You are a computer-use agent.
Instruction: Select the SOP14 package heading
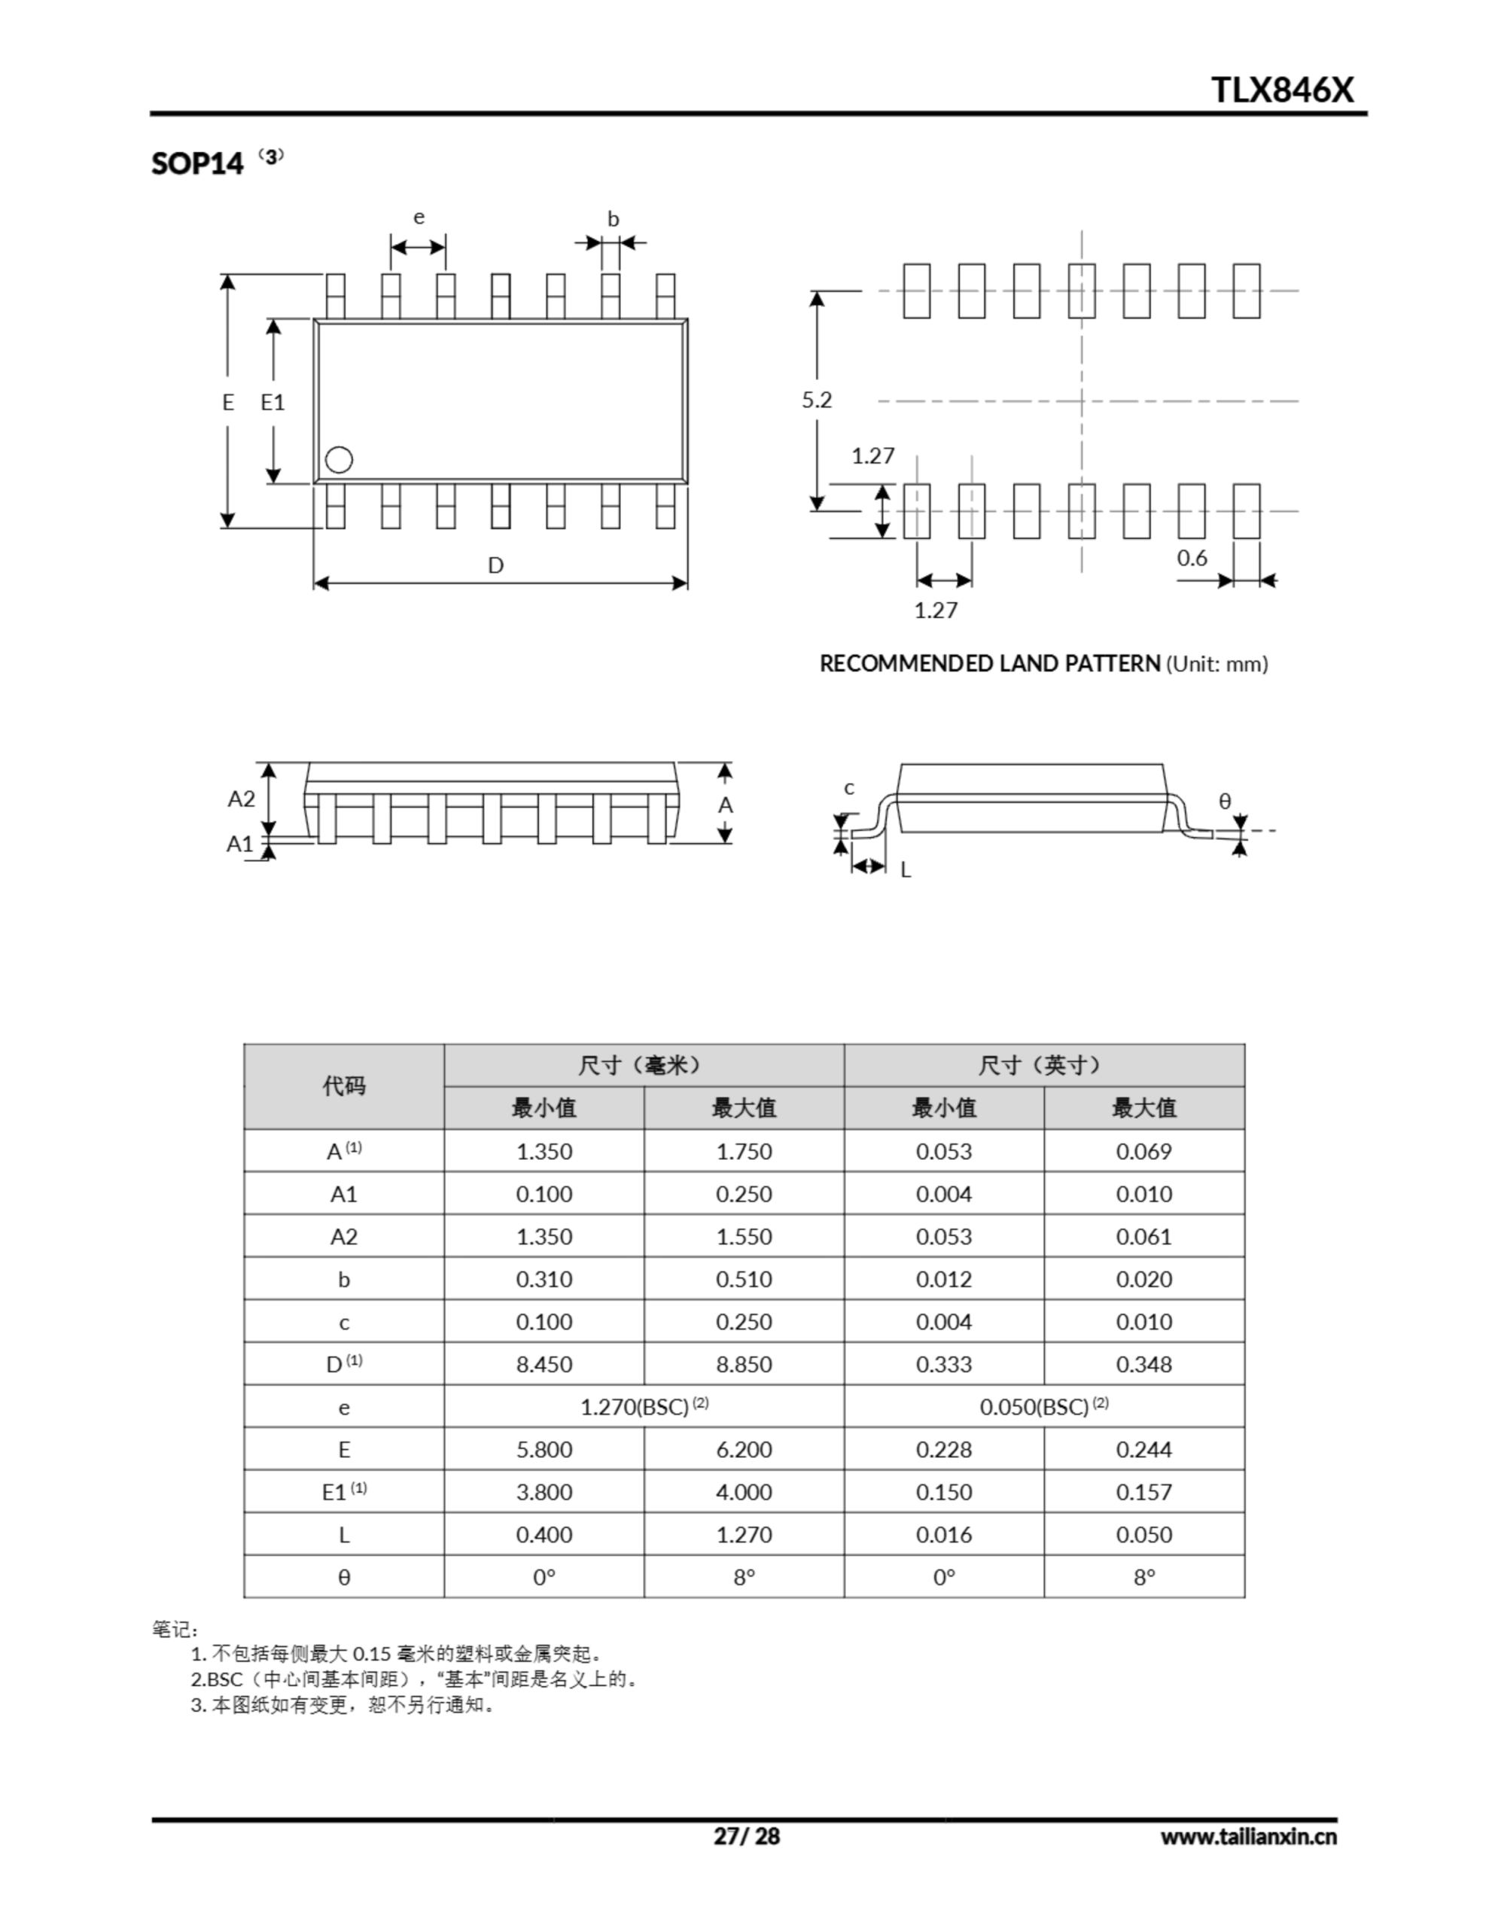tap(196, 164)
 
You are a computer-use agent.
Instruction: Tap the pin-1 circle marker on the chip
tap(339, 460)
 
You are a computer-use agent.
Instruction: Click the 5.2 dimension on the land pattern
tap(817, 400)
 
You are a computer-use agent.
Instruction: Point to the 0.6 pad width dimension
tap(1192, 558)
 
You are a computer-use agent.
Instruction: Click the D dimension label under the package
tap(496, 565)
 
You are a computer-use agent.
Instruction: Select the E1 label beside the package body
tap(273, 403)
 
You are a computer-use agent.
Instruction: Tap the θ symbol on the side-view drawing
tap(1224, 801)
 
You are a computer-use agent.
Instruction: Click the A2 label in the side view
tap(241, 799)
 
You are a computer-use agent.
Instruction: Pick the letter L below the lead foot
tap(906, 870)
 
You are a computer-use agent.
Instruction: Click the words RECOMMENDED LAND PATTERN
tap(989, 663)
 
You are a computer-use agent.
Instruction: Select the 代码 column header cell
tap(343, 1086)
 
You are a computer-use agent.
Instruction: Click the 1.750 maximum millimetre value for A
tap(743, 1152)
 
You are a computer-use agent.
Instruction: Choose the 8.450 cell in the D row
tap(544, 1364)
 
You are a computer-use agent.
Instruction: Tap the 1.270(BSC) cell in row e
tap(644, 1406)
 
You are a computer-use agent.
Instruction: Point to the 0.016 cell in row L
tap(943, 1534)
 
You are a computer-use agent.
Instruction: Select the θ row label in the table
tap(343, 1577)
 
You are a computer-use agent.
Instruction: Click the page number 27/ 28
tap(747, 1836)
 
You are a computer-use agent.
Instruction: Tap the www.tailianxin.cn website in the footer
tap(1248, 1836)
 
